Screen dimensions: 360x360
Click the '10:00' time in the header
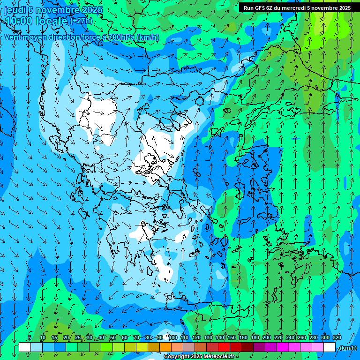tap(18, 21)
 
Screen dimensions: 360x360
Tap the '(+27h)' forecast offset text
tap(81, 21)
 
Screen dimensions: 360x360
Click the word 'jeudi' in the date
tap(15, 10)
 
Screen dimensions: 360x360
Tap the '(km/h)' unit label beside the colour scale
tap(347, 348)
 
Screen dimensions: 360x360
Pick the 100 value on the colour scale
tap(173, 338)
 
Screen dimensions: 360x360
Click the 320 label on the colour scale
tap(337, 338)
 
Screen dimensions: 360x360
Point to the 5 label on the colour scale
tap(30, 338)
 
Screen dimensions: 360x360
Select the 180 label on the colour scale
tap(255, 338)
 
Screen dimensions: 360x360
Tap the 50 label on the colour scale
tap(113, 338)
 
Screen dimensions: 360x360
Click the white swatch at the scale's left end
tap(25, 347)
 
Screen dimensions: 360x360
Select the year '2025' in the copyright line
tap(196, 357)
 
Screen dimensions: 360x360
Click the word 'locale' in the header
tap(52, 21)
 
